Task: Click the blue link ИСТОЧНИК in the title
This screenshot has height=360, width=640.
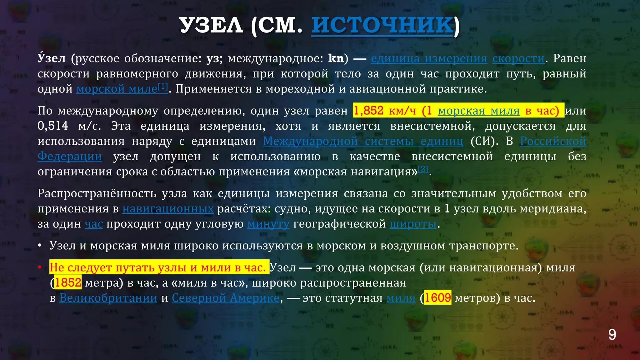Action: tap(382, 25)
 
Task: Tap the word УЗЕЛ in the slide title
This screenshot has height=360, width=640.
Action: tap(211, 25)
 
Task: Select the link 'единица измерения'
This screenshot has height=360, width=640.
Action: tap(429, 58)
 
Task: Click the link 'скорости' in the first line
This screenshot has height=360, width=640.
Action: tap(518, 58)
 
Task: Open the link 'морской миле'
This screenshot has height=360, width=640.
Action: tap(117, 89)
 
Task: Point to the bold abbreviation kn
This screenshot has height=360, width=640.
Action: tap(336, 58)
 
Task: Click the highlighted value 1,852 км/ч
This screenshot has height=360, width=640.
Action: tap(384, 111)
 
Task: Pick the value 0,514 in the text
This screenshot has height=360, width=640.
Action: tap(53, 126)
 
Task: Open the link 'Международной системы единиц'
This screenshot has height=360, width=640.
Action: tap(363, 141)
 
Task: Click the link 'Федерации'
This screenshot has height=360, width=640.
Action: tap(70, 156)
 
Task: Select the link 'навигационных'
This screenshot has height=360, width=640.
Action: tap(168, 209)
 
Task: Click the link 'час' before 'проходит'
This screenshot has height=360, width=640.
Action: tap(94, 224)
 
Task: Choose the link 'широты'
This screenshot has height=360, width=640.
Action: tap(413, 224)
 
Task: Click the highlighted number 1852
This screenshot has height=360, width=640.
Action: tap(68, 283)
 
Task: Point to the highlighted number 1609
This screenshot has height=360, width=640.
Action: tap(437, 298)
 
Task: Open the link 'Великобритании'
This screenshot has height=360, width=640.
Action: tap(108, 298)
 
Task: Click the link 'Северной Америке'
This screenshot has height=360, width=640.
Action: tap(225, 298)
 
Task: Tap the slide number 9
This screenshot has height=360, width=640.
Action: tap(612, 335)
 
